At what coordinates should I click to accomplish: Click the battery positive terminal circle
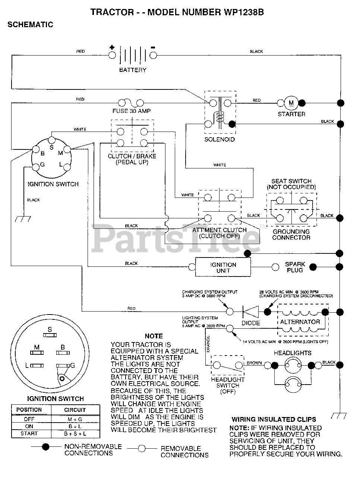click(112, 55)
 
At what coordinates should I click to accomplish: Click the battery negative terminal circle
click(153, 55)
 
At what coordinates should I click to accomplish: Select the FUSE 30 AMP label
click(132, 111)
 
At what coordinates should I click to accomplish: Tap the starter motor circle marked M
click(291, 103)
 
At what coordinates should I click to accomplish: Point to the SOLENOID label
click(220, 139)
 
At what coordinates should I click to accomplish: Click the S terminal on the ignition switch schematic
click(51, 140)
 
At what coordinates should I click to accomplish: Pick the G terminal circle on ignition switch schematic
click(36, 167)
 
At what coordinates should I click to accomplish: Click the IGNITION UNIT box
click(223, 267)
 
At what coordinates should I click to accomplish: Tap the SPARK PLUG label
click(295, 267)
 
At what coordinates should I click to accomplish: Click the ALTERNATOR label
click(300, 322)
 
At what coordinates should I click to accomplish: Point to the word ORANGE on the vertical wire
click(208, 344)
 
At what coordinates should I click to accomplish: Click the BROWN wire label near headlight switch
click(254, 363)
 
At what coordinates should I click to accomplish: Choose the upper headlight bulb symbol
click(293, 365)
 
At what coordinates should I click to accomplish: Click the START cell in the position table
click(29, 433)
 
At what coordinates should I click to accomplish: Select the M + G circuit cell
click(75, 419)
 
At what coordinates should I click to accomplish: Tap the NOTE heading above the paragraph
click(154, 336)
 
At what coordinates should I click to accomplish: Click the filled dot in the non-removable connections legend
click(45, 447)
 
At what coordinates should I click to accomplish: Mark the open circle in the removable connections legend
click(142, 449)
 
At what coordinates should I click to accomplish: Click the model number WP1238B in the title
click(244, 12)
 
